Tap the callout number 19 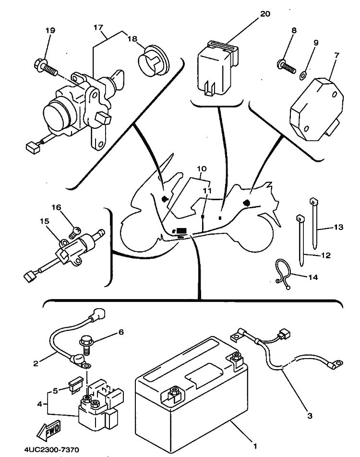(50, 30)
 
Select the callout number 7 (336, 55)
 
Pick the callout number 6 (121, 332)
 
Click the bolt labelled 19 (45, 66)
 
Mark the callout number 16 (57, 207)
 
